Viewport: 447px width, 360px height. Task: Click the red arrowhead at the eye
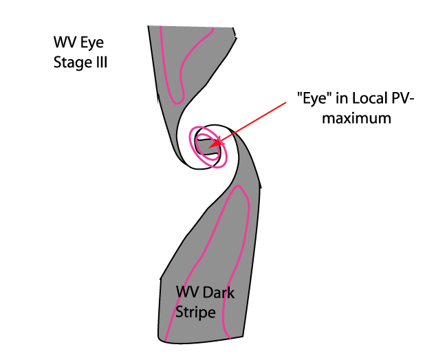tap(215, 144)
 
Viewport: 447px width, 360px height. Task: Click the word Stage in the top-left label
tap(69, 63)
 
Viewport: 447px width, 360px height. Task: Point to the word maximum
tap(358, 118)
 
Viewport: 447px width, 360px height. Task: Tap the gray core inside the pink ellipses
tap(206, 145)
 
